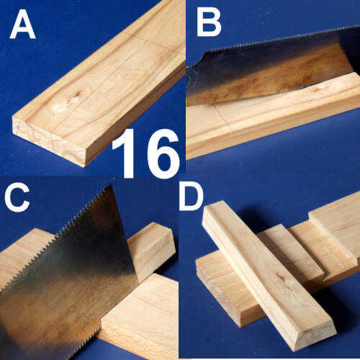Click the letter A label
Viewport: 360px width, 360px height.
coord(23,24)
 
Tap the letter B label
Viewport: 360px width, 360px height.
coord(209,24)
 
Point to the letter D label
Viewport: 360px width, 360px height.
coord(192,198)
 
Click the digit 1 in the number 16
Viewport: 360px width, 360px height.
coord(127,153)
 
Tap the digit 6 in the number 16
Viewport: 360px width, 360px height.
coord(163,154)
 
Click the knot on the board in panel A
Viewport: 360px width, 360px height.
coord(76,95)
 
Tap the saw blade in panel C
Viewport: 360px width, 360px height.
coord(65,276)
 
